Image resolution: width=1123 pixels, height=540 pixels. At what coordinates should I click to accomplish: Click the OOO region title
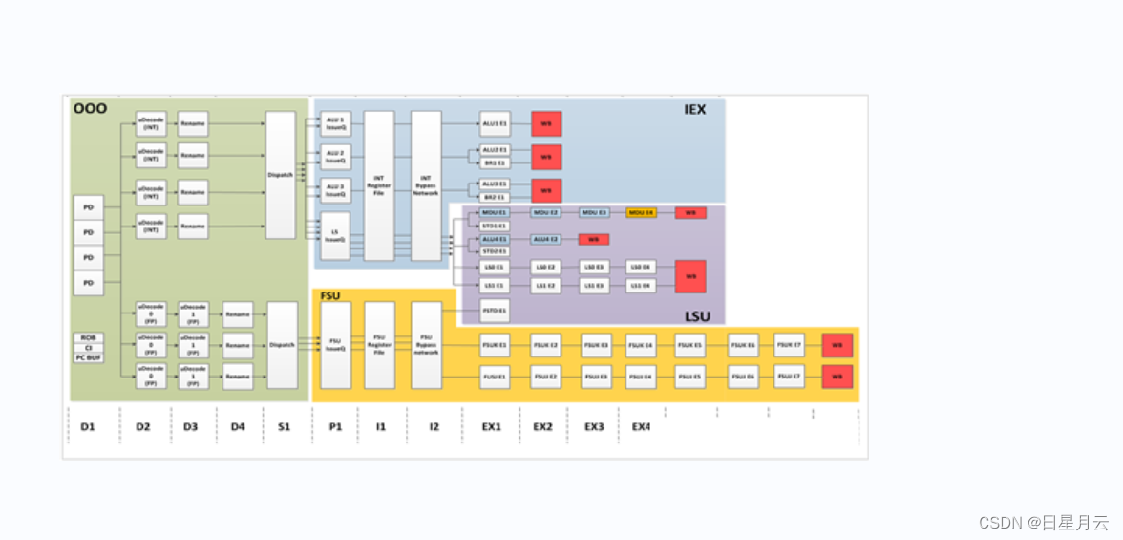click(90, 109)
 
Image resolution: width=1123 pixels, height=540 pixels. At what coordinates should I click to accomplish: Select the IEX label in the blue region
click(695, 110)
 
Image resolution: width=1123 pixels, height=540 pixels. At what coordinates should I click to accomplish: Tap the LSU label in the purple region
click(697, 316)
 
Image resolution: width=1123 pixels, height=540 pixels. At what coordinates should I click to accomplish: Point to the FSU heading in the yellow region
click(330, 296)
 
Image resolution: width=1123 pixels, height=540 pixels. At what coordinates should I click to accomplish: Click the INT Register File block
click(379, 185)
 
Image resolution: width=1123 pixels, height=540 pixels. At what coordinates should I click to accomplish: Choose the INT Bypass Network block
click(426, 185)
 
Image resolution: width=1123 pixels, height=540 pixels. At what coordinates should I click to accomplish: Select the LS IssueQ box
click(335, 235)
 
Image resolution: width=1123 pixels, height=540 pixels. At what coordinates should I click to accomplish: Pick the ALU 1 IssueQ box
click(335, 123)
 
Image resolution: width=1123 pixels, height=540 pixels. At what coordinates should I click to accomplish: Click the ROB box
click(88, 337)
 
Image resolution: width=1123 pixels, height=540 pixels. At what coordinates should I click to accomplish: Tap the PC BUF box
click(88, 357)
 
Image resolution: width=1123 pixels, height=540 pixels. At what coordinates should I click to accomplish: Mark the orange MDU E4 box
click(641, 212)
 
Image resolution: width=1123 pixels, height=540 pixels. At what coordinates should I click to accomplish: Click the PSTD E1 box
click(494, 311)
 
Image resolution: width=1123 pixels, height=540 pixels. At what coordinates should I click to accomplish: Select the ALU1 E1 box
click(495, 123)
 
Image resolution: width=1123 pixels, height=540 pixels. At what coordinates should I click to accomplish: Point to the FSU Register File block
click(379, 344)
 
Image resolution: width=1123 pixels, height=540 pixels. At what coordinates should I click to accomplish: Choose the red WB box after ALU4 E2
click(593, 239)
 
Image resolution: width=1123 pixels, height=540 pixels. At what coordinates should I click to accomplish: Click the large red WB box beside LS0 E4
click(689, 276)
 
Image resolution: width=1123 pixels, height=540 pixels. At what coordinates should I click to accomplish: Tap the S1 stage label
click(284, 426)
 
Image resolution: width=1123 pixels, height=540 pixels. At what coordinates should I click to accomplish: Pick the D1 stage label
click(87, 426)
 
